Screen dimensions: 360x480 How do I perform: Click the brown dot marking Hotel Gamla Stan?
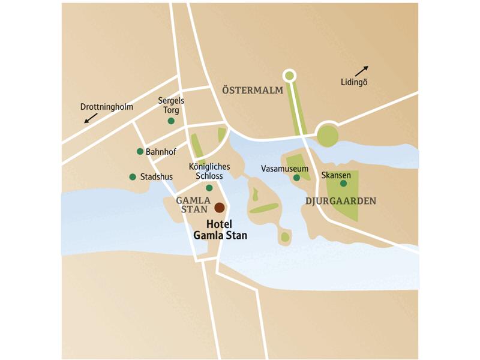pyautogui.click(x=220, y=208)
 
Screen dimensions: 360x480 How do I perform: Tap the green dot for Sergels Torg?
pyautogui.click(x=171, y=121)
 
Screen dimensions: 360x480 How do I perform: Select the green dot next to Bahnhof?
pyautogui.click(x=140, y=151)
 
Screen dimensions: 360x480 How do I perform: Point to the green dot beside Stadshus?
pyautogui.click(x=133, y=176)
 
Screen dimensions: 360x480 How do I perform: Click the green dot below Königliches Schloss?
pyautogui.click(x=209, y=188)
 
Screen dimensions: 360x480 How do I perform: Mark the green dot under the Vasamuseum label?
pyautogui.click(x=296, y=177)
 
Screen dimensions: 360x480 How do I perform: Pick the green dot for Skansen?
pyautogui.click(x=343, y=183)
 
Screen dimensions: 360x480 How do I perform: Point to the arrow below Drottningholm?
pyautogui.click(x=91, y=118)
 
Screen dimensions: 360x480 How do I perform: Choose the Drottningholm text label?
pyautogui.click(x=106, y=107)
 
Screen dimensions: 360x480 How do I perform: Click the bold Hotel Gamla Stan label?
pyautogui.click(x=220, y=230)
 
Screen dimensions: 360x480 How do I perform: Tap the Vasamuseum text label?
pyautogui.click(x=284, y=169)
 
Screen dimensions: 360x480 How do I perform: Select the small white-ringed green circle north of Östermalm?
pyautogui.click(x=289, y=75)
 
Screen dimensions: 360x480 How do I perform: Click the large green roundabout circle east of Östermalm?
pyautogui.click(x=328, y=135)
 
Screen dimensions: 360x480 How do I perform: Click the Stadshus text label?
pyautogui.click(x=156, y=177)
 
